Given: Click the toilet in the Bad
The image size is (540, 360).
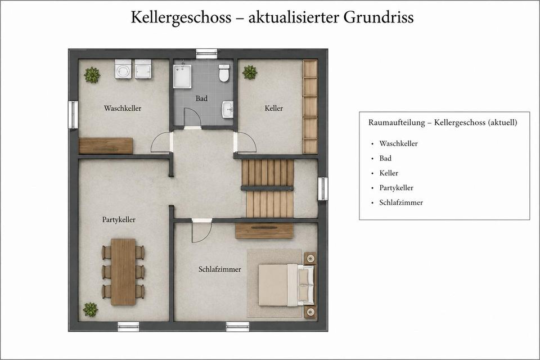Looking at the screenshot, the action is (x=224, y=73).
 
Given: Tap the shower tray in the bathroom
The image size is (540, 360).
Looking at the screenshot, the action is (x=182, y=76).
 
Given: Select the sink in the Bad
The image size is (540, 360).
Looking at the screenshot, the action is (x=227, y=110).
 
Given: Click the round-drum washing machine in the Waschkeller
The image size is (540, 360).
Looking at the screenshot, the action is (x=123, y=69).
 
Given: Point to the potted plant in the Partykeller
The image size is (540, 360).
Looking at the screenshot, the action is (x=91, y=309).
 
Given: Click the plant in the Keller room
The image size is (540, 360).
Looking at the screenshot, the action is (x=249, y=73).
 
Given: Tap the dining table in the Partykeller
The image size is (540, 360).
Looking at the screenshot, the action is (x=123, y=272).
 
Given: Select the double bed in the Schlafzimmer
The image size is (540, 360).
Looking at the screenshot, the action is (x=286, y=285).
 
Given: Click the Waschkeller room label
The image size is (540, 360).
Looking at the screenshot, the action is (x=123, y=108).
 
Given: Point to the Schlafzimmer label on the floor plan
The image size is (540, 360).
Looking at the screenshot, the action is (x=220, y=269).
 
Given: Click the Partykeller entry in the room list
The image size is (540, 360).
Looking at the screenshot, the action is (x=396, y=188).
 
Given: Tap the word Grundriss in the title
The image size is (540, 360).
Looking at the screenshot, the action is (x=379, y=17).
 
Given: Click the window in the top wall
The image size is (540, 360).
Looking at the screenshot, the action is (x=206, y=54).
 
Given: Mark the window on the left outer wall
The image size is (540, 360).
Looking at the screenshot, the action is (x=73, y=115).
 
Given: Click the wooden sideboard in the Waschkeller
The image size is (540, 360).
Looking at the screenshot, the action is (x=106, y=146).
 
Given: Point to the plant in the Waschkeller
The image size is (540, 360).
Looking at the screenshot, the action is (x=92, y=75).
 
